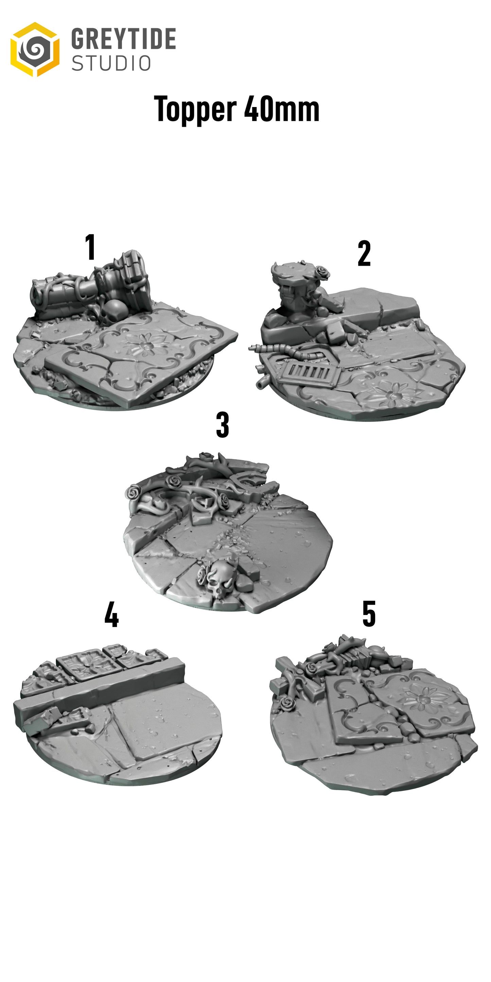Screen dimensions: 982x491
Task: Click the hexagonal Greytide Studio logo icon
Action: (35, 50)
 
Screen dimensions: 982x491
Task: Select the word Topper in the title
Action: (195, 109)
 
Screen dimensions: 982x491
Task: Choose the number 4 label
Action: (112, 614)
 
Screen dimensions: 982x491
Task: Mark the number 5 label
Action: (369, 614)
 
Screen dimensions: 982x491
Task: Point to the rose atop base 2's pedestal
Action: (322, 271)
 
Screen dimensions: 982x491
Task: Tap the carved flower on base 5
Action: (422, 697)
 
